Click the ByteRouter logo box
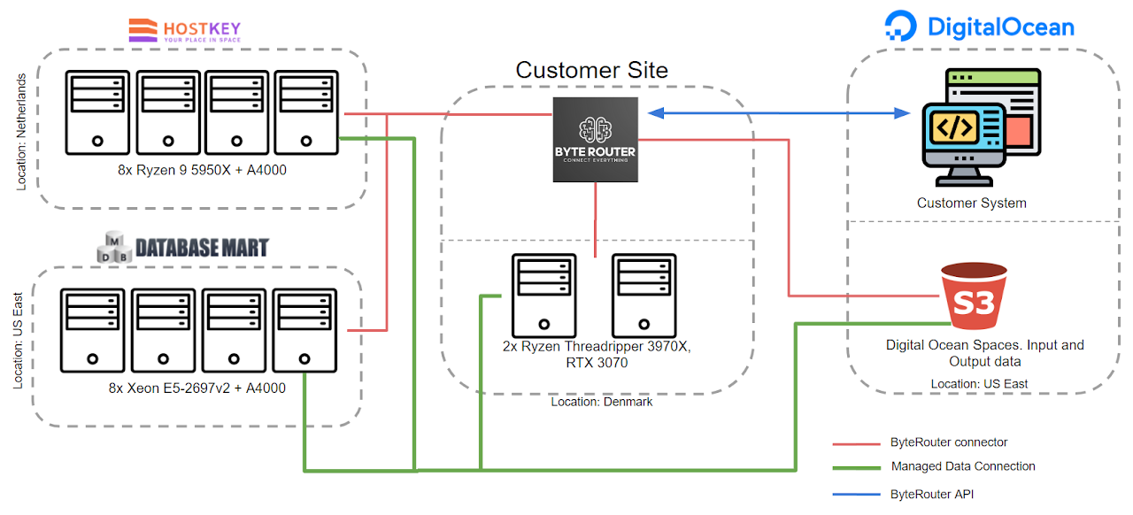595,140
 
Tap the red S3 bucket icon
974,298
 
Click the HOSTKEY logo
184,31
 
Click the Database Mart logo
182,247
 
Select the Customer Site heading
591,70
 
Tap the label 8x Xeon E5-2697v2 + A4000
197,388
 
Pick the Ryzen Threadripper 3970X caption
596,354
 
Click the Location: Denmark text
601,402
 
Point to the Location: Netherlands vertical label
22,132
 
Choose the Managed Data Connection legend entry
962,466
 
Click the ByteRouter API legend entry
931,495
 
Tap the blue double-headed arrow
779,113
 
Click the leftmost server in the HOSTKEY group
96,111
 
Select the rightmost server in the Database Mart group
304,330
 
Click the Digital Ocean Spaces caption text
984,353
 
